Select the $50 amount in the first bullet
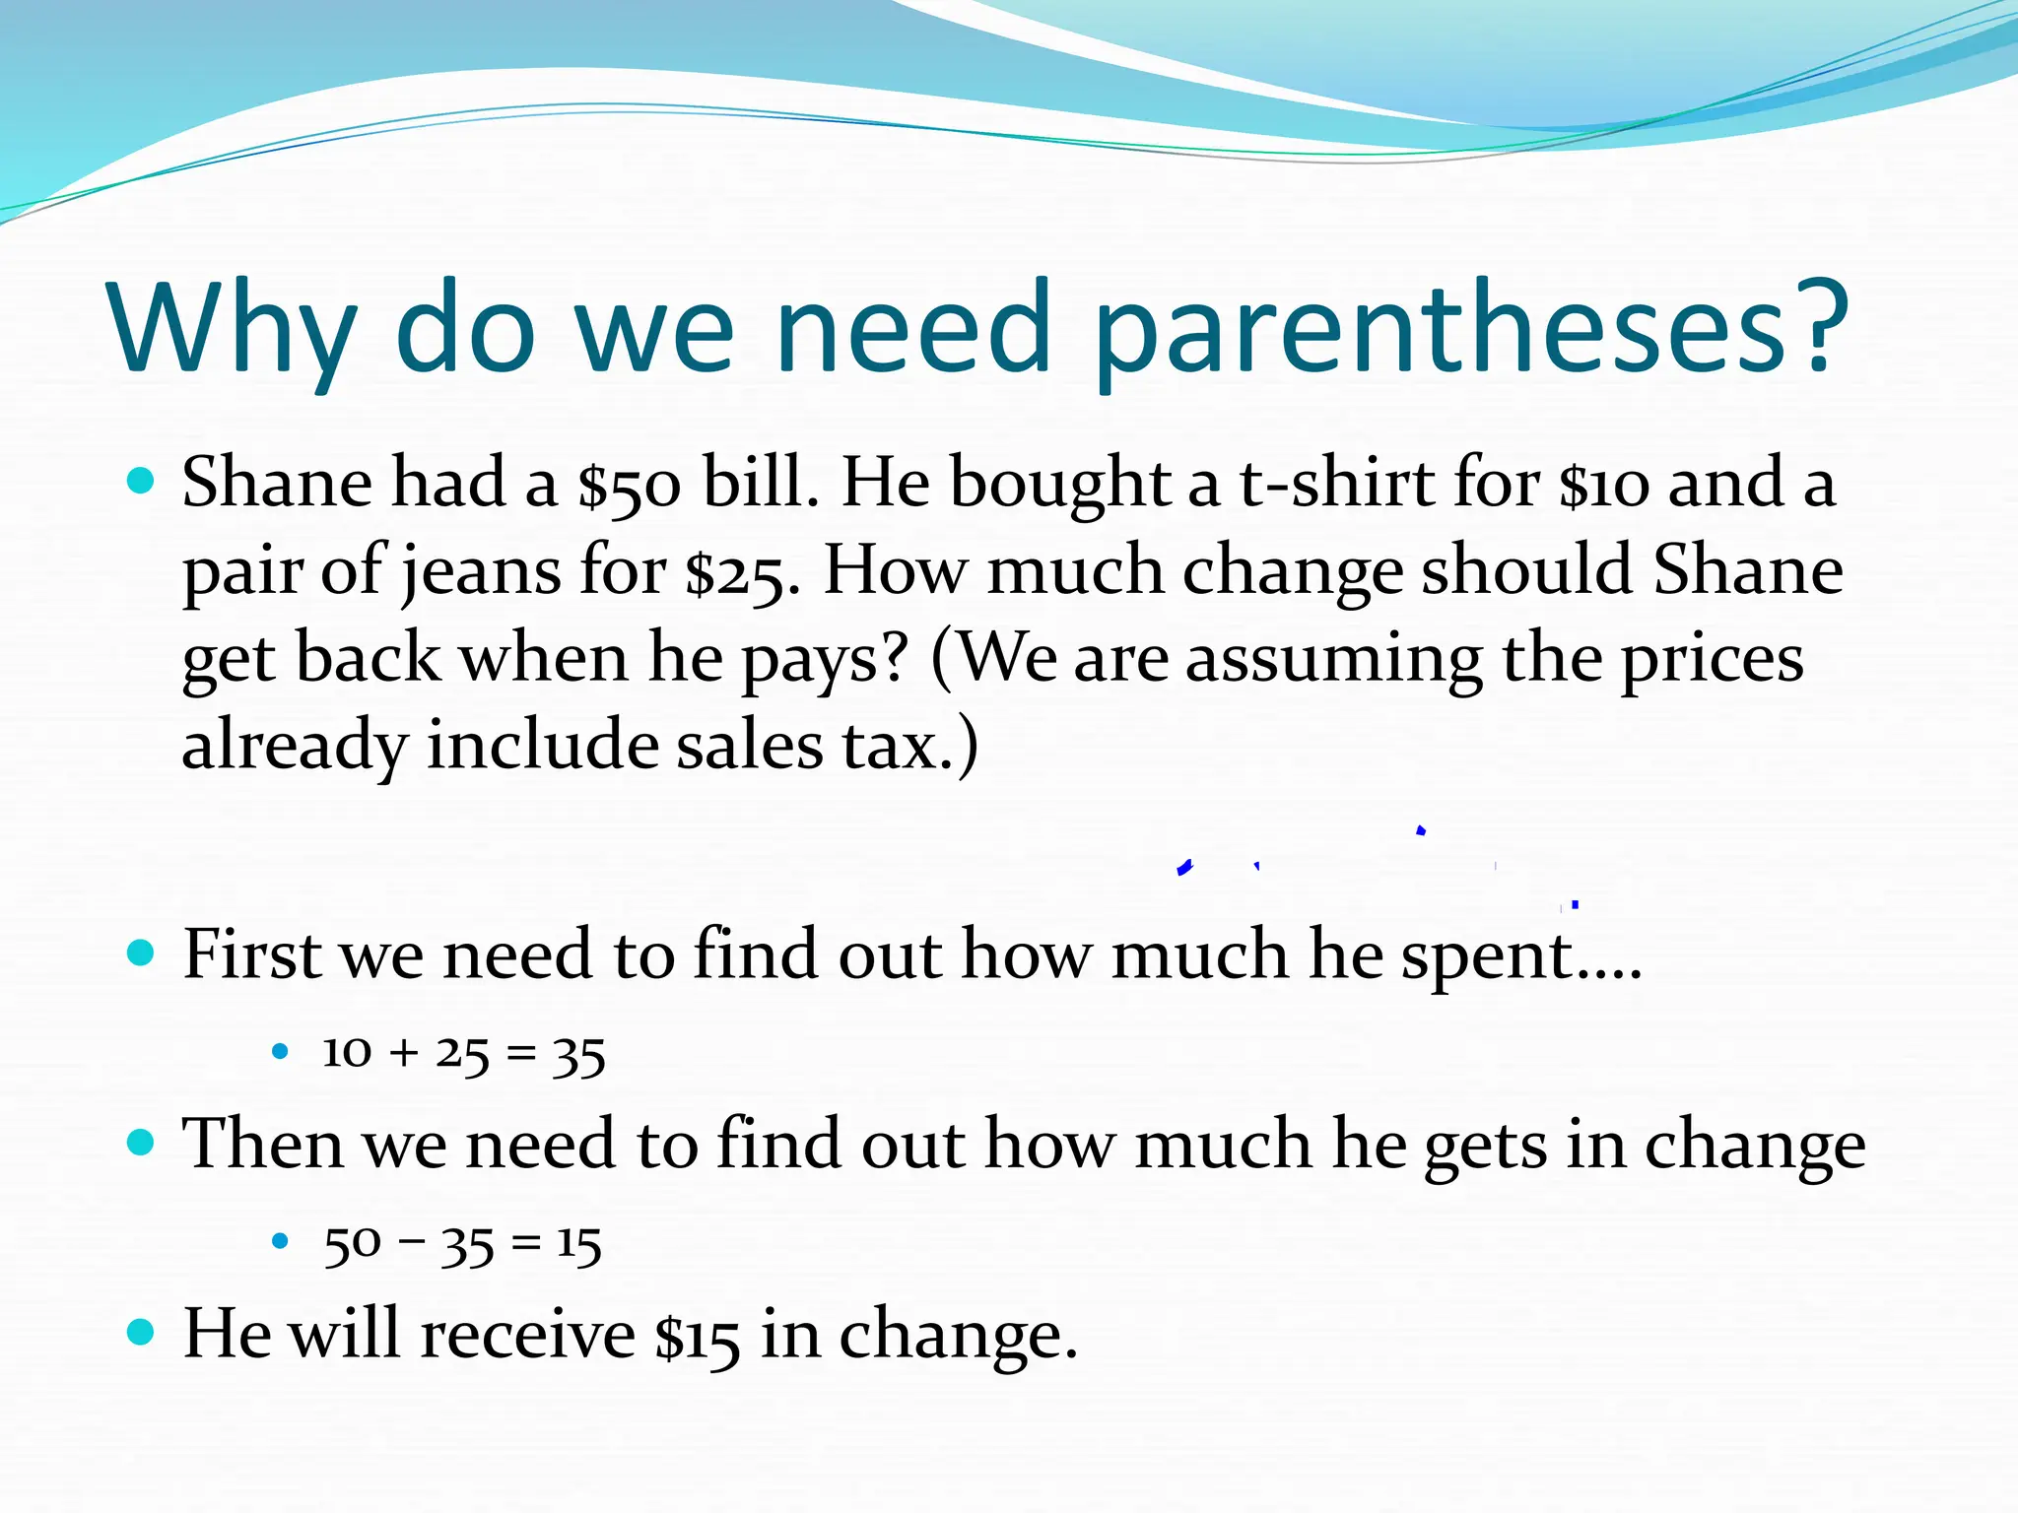click(x=629, y=485)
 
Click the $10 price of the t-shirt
click(x=1603, y=485)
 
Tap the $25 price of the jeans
click(x=735, y=572)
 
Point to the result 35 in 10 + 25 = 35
click(x=578, y=1055)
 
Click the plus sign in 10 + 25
click(x=403, y=1054)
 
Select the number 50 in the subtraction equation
click(x=352, y=1244)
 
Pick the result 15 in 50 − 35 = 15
click(x=578, y=1244)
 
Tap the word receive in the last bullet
click(x=528, y=1336)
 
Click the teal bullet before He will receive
click(x=142, y=1333)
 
